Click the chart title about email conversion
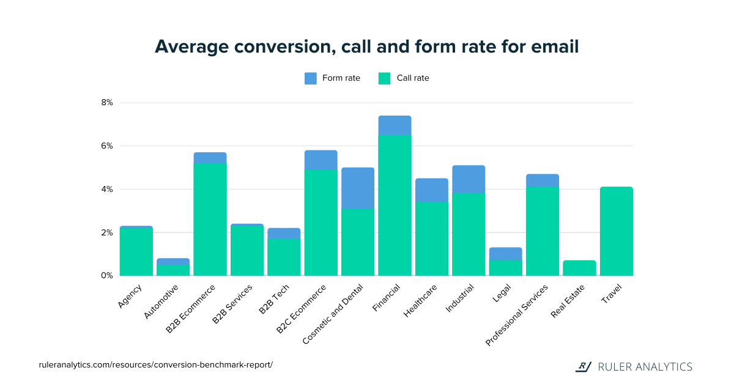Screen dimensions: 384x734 pyautogui.click(x=366, y=47)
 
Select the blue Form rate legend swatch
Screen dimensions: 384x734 pyautogui.click(x=311, y=78)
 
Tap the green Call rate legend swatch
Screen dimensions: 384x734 pyautogui.click(x=384, y=78)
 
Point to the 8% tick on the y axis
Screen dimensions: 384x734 pyautogui.click(x=107, y=103)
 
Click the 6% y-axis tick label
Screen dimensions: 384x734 pyautogui.click(x=107, y=146)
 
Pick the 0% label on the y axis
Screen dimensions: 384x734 pyautogui.click(x=107, y=276)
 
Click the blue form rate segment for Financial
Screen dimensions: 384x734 pyautogui.click(x=395, y=125)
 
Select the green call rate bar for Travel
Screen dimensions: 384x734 pyautogui.click(x=616, y=231)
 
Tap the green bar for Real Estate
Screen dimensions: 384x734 pyautogui.click(x=579, y=268)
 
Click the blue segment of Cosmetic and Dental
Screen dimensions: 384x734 pyautogui.click(x=358, y=188)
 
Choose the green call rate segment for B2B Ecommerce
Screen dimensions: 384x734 pyautogui.click(x=210, y=219)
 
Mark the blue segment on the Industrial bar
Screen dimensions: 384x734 pyautogui.click(x=469, y=179)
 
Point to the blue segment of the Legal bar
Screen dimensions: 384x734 pyautogui.click(x=505, y=254)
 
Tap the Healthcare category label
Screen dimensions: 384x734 pyautogui.click(x=420, y=299)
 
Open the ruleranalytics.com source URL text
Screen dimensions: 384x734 pyautogui.click(x=155, y=365)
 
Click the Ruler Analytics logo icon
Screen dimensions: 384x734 pyautogui.click(x=584, y=367)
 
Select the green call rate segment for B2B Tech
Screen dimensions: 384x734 pyautogui.click(x=284, y=257)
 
